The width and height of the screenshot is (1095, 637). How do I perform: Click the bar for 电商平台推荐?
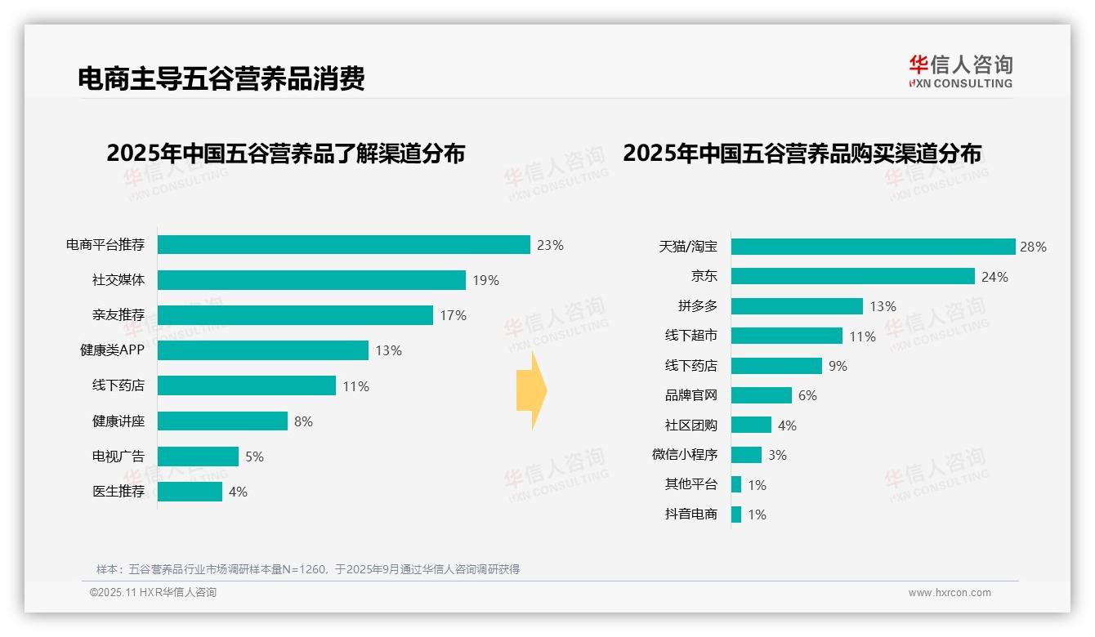coord(343,245)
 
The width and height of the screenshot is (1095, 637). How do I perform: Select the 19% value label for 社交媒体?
coord(485,280)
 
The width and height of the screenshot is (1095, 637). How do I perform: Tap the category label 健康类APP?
coord(112,350)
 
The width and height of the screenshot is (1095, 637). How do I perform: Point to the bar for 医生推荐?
coord(190,492)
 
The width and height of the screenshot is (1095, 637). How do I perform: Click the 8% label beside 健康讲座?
coord(303,421)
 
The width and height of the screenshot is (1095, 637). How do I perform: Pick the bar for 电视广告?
coord(198,457)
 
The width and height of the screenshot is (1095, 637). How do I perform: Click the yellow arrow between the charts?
coord(532,391)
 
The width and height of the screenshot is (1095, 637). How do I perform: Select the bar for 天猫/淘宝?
coord(873,247)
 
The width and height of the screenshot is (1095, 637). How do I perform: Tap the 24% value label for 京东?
coord(994,277)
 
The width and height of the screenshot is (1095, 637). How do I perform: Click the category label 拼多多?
coord(697,306)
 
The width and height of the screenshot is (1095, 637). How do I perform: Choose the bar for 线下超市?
coord(786,336)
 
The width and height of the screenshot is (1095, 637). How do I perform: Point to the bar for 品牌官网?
coord(761,395)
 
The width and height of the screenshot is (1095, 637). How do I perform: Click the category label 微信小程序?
coord(684,455)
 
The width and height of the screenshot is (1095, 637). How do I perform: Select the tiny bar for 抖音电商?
coord(736,514)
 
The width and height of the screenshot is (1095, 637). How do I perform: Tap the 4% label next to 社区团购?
coord(787,425)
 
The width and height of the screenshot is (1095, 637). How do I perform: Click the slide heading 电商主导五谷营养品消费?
coord(221,78)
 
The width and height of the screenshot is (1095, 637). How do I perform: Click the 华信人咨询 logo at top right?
coord(960,72)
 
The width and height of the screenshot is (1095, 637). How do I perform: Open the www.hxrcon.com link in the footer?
coord(950,593)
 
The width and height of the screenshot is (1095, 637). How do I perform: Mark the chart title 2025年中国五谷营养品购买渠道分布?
coord(802,154)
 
